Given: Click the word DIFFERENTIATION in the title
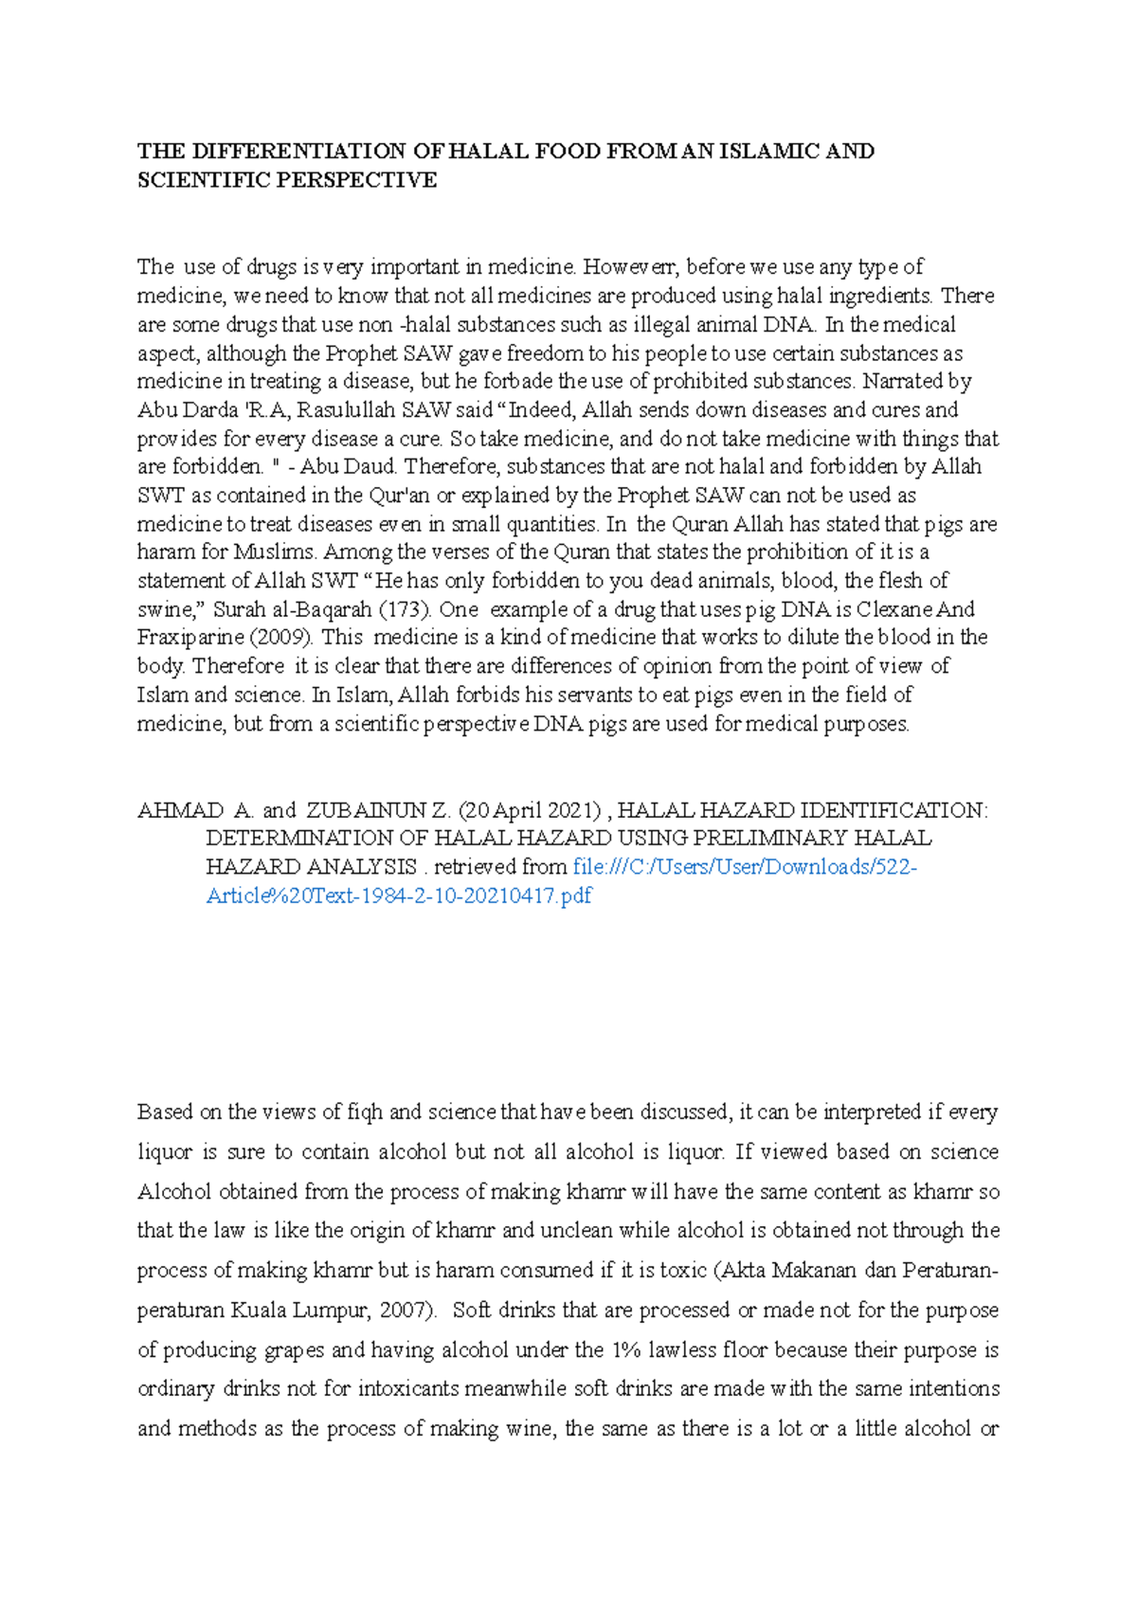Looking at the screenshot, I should coord(299,152).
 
